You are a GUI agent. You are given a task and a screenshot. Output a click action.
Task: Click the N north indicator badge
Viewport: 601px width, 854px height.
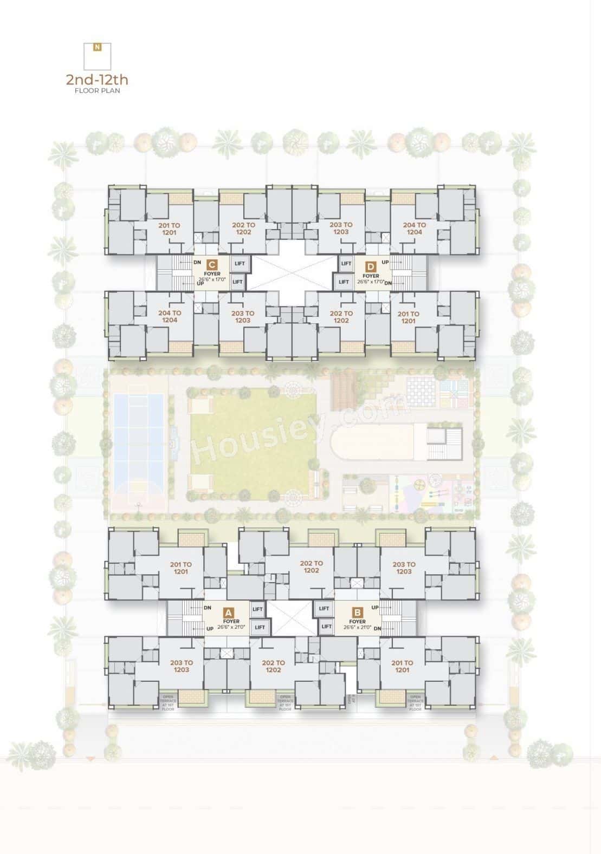97,47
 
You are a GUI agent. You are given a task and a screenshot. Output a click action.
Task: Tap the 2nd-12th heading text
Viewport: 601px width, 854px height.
97,80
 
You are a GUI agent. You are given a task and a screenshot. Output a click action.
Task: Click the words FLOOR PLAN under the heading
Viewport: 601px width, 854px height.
98,91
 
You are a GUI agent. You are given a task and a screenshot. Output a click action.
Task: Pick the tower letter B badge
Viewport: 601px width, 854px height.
357,612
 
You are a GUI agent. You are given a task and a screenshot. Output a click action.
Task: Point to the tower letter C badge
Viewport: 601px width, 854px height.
212,265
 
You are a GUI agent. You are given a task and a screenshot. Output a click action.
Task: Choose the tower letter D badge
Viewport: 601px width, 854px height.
371,266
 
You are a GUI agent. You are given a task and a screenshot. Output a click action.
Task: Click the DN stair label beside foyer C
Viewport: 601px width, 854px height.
197,262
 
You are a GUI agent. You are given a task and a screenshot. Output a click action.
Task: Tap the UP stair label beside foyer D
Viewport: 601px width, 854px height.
385,262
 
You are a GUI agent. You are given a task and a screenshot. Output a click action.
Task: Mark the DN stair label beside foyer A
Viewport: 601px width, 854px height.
208,608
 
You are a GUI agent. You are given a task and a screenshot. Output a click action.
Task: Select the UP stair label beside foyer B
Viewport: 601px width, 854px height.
375,608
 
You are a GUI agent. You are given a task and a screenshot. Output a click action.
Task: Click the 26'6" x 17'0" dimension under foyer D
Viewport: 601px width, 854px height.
371,282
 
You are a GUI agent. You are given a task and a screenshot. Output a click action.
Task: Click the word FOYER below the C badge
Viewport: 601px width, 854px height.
212,275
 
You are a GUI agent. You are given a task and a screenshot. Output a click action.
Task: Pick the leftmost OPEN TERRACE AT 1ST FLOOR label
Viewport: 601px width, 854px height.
168,702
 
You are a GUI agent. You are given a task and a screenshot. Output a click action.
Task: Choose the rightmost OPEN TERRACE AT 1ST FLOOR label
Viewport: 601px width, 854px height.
415,702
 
